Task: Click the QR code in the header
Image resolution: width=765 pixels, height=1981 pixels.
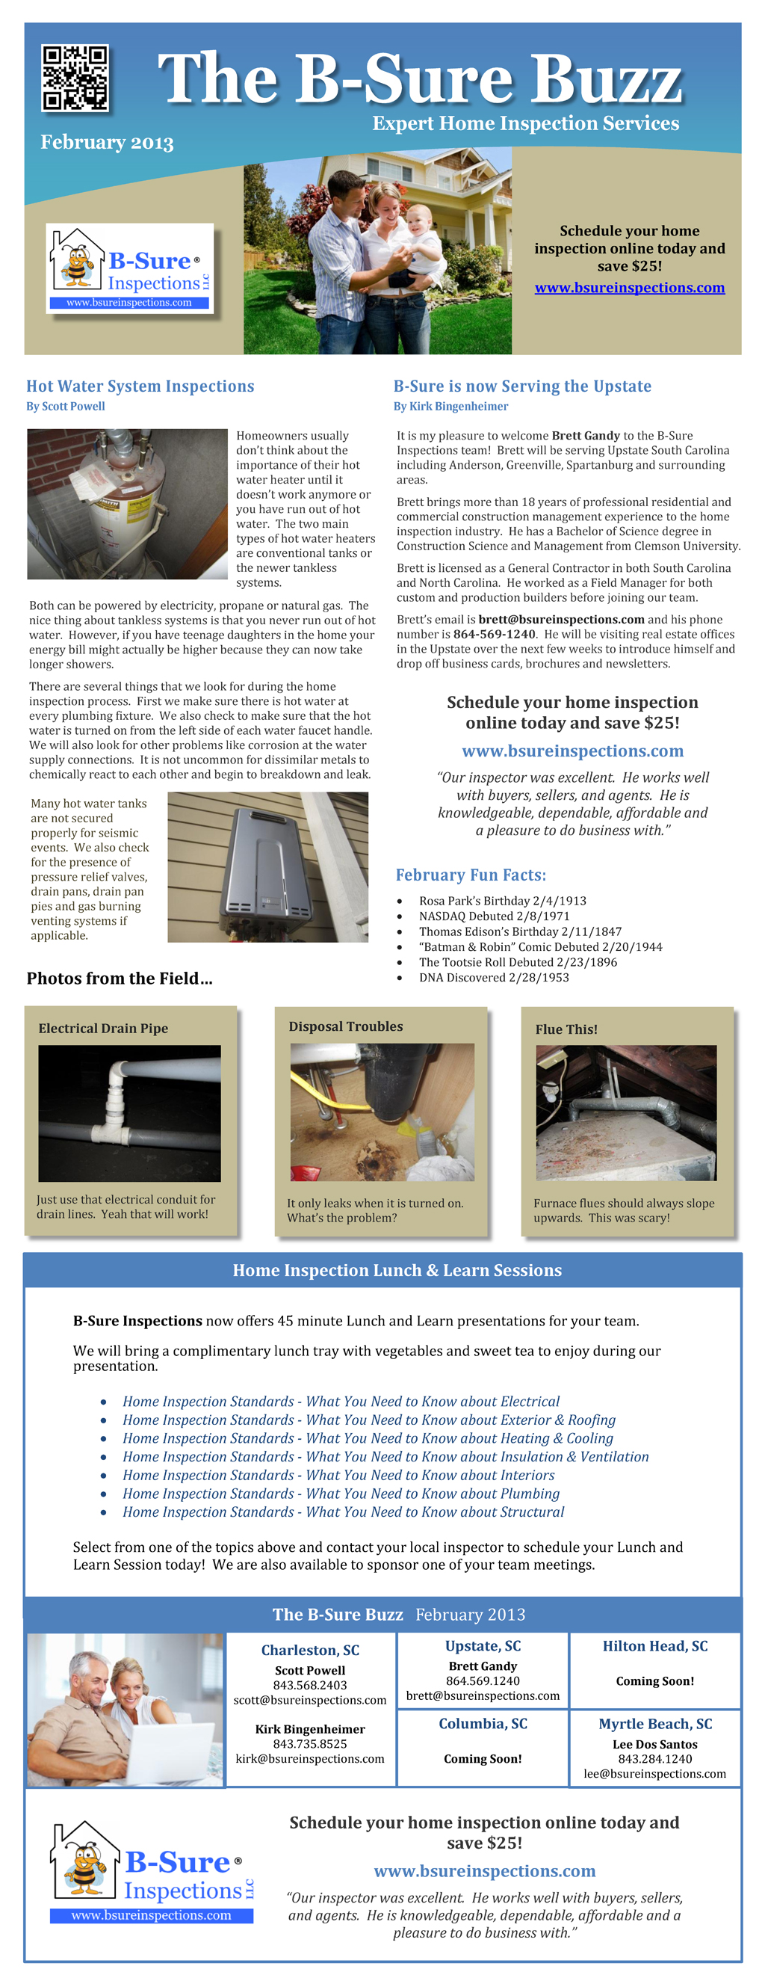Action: [x=75, y=78]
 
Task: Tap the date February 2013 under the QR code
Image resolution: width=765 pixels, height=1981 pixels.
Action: [x=107, y=142]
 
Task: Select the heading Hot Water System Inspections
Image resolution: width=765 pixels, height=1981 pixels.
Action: [x=140, y=386]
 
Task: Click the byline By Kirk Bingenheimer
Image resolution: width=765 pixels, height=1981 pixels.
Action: [x=450, y=406]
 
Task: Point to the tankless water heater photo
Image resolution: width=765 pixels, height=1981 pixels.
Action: [x=267, y=866]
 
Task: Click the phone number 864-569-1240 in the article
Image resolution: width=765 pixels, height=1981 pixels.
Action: [x=494, y=634]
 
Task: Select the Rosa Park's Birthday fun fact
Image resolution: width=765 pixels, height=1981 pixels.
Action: [x=502, y=901]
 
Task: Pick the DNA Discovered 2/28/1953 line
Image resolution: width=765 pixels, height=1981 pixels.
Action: [x=494, y=978]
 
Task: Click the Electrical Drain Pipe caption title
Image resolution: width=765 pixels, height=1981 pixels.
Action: [x=103, y=1028]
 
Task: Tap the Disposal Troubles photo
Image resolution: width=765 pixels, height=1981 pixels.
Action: [x=382, y=1112]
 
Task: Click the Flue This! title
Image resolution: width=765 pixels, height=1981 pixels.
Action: [x=566, y=1029]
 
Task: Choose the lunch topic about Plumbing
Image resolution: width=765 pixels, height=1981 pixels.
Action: [x=341, y=1494]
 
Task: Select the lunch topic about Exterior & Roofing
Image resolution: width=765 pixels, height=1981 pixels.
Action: [x=369, y=1420]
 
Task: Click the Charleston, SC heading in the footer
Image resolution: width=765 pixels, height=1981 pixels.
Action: [x=310, y=1651]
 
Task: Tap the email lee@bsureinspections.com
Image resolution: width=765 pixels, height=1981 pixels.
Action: [x=654, y=1773]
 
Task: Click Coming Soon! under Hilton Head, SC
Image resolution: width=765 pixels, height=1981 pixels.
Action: [x=654, y=1681]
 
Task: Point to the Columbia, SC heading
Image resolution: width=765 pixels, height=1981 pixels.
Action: [x=483, y=1723]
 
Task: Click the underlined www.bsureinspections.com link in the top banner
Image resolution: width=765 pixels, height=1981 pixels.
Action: [x=630, y=288]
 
